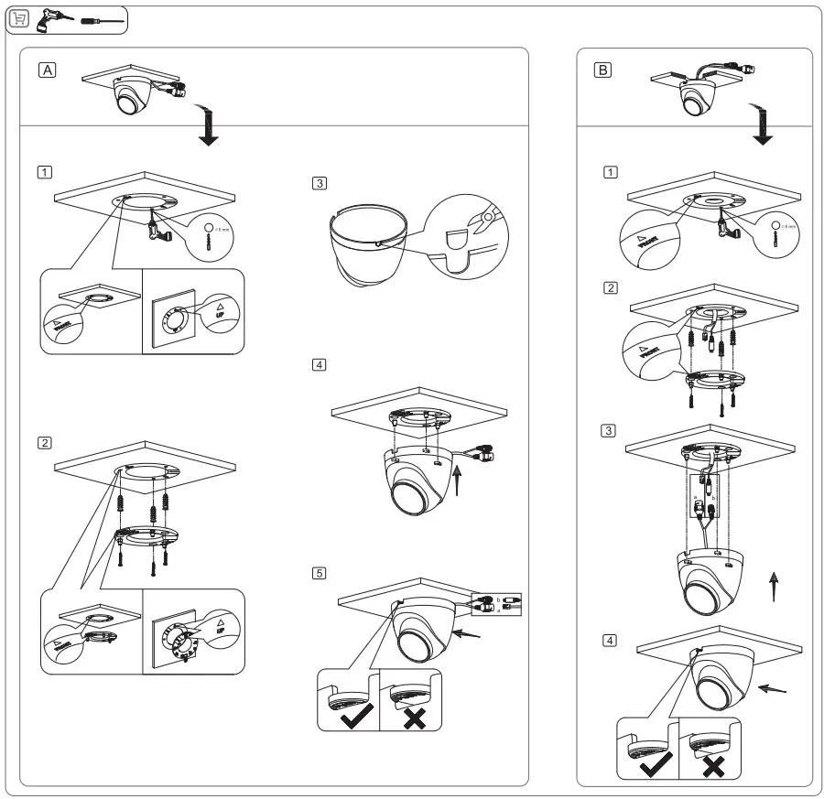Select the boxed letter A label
47,70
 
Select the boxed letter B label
602,70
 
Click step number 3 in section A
319,183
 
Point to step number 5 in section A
319,573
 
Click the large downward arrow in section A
210,128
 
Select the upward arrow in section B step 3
775,585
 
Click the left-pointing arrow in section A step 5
469,632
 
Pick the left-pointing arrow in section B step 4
773,688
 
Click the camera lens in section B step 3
701,595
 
